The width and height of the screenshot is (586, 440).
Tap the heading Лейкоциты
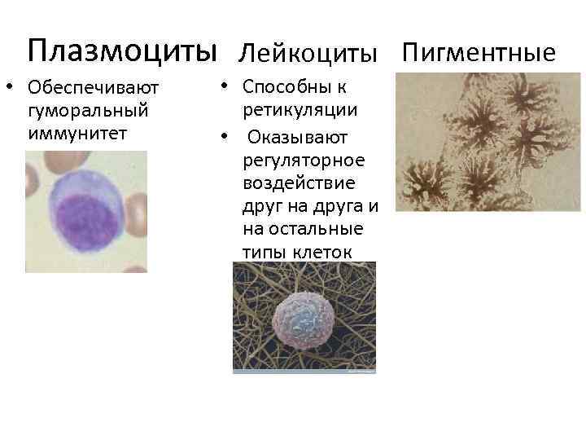point(308,54)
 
